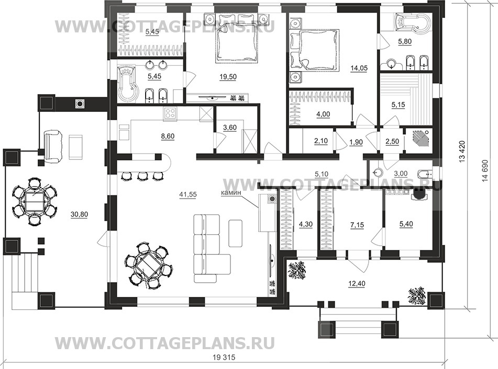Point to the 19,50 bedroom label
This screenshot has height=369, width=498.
pos(227,76)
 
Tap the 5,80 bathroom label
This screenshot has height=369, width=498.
pos(405,42)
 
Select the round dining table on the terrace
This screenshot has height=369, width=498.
pos(34,201)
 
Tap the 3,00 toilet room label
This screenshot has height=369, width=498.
pos(400,173)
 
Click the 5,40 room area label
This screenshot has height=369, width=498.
pos(406,224)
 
